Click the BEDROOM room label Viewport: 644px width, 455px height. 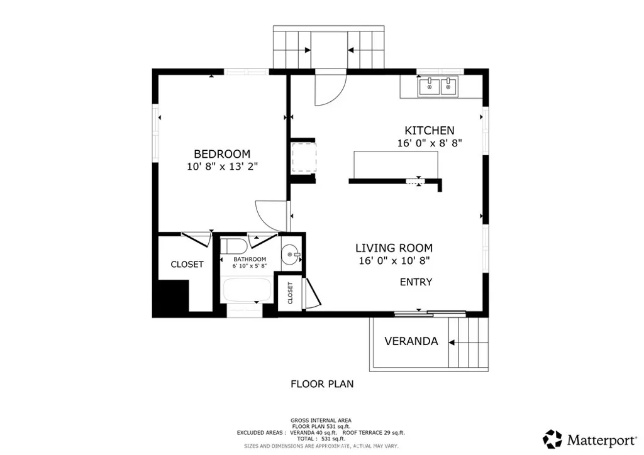coord(222,154)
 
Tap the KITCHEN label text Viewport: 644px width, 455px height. coord(429,131)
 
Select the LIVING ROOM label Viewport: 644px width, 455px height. coord(394,248)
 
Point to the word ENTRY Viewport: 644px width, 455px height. coord(416,282)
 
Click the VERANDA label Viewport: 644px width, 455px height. coord(411,341)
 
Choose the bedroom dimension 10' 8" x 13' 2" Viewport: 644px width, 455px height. coord(222,167)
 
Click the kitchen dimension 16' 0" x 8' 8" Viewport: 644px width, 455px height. coord(430,143)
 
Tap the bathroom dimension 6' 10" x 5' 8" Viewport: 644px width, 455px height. coord(250,266)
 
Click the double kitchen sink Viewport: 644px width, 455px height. coord(438,87)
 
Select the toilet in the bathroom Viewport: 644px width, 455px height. coord(233,246)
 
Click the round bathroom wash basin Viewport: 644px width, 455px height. coord(291,255)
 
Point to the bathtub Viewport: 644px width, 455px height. coord(247,290)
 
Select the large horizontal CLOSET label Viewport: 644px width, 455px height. coord(187,265)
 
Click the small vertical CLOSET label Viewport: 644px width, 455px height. coord(291,293)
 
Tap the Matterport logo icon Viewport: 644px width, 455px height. coord(552,439)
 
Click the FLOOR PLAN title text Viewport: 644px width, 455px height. coord(322,384)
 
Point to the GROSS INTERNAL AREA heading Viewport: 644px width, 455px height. coord(321,420)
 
